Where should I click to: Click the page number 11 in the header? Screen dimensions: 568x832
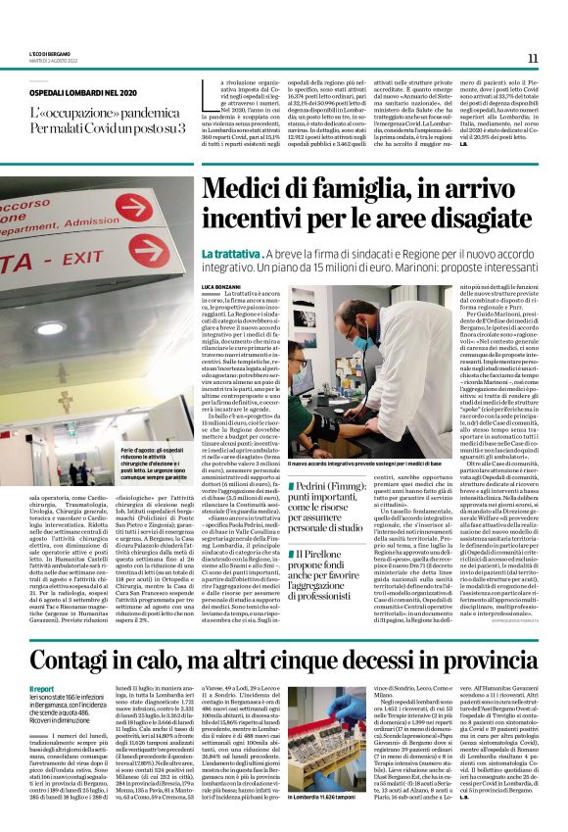coord(533,58)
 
